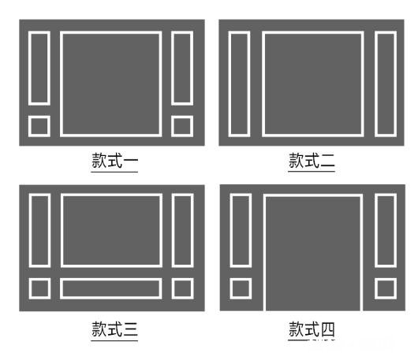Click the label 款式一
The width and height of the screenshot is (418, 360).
[114, 160]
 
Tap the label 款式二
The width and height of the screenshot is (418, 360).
[312, 160]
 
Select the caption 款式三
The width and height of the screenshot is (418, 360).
[114, 328]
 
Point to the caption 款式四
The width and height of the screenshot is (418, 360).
[312, 328]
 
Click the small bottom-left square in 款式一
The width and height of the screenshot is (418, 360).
[29, 126]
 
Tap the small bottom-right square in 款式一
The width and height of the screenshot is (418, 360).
[172, 126]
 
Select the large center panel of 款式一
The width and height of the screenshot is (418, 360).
[61, 84]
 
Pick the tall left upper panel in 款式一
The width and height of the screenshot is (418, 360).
[29, 69]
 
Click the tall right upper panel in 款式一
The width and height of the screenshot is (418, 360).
[172, 69]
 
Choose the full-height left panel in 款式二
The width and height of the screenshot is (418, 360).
[230, 84]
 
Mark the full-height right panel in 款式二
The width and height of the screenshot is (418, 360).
[375, 84]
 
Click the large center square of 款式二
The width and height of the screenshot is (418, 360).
[263, 84]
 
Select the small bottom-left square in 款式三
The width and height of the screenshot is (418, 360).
[30, 288]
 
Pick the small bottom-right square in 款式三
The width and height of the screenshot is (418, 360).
[173, 288]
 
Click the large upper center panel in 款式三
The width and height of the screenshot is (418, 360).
[62, 230]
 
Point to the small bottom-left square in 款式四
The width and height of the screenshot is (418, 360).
[230, 288]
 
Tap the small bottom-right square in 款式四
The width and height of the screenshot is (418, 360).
[375, 288]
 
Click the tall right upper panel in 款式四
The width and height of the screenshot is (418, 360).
[375, 230]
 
